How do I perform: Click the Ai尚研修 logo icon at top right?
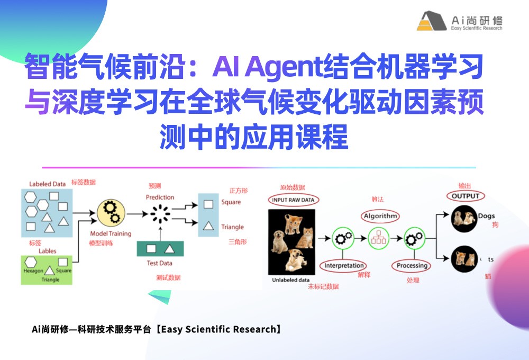pos(432,21)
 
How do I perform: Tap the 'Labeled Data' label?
pos(48,184)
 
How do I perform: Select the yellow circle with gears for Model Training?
pos(111,214)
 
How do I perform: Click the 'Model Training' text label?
pos(111,233)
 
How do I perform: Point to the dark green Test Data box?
pos(160,248)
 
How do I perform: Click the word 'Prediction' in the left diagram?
pos(160,197)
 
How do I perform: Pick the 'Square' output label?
pos(231,202)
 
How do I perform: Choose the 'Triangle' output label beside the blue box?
pos(232,227)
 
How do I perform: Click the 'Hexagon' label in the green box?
pos(33,271)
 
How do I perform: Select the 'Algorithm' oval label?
pos(380,216)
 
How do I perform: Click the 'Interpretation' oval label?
pos(344,266)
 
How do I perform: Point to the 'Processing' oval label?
pos(412,265)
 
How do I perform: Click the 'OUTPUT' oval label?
pos(465,196)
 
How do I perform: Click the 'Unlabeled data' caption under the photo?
pos(290,280)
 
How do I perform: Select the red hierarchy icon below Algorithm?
pos(378,237)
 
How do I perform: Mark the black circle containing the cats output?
pos(462,259)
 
